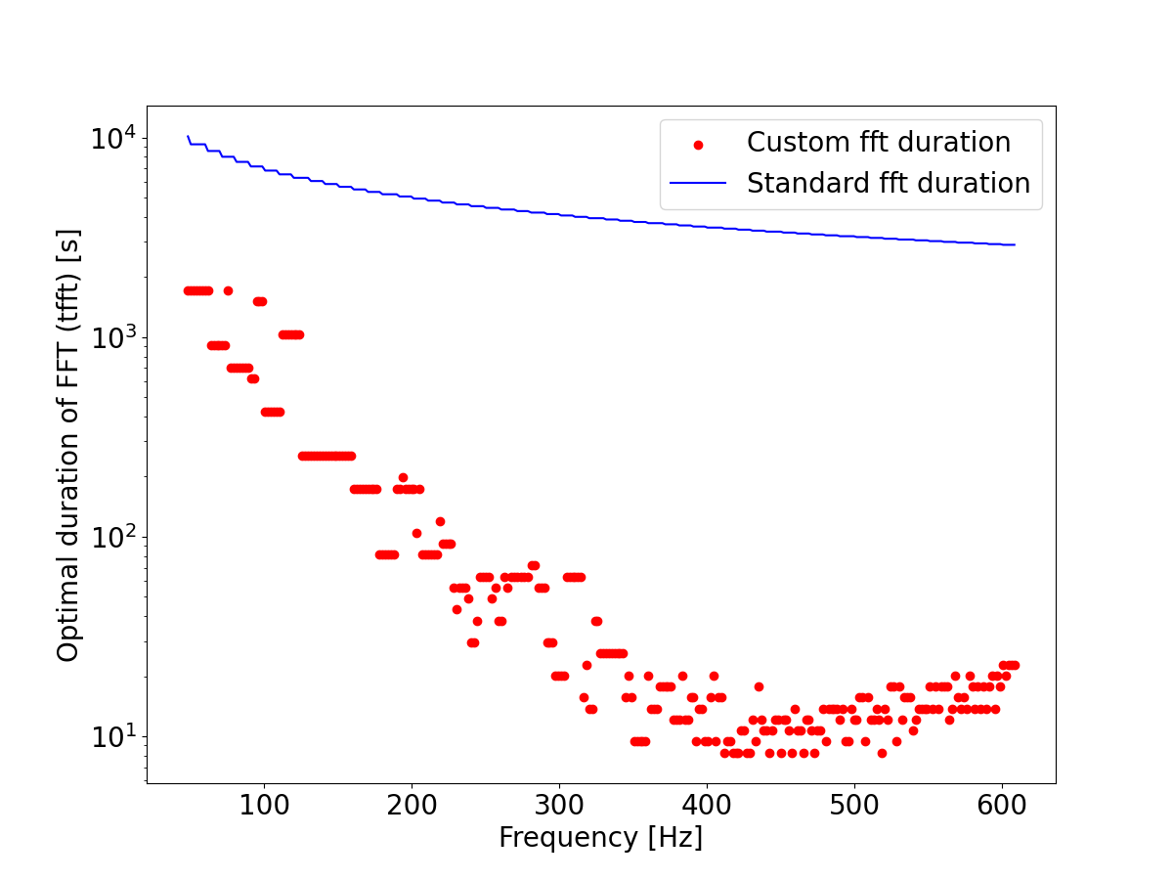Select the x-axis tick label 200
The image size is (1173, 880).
(412, 808)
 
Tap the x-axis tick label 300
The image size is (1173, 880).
(559, 808)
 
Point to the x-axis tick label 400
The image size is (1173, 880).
(707, 808)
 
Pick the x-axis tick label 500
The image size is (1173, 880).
(854, 808)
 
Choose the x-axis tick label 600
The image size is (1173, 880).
(1002, 808)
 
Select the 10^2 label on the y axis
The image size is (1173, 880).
(112, 538)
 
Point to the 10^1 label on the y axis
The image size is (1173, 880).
(112, 737)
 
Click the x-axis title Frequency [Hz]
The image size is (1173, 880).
(600, 838)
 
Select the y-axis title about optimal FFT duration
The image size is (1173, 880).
(68, 445)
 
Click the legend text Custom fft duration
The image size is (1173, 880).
(878, 143)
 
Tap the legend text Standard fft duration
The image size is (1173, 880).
(888, 184)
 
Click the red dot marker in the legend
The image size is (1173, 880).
(698, 145)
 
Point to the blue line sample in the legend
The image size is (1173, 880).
(698, 184)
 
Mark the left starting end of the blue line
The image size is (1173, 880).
(188, 137)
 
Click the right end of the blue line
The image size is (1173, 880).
(1015, 244)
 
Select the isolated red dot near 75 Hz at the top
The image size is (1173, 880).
(228, 290)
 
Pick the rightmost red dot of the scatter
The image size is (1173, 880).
(1016, 665)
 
